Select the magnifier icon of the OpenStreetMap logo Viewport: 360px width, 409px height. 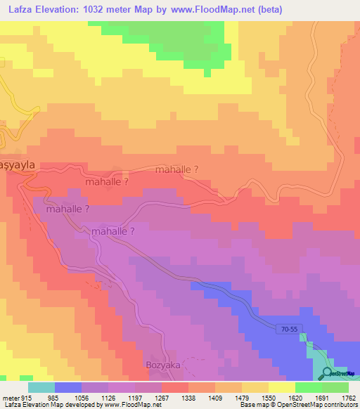[x=328, y=373]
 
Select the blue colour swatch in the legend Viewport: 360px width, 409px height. [x=68, y=387]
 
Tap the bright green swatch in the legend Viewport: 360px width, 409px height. [x=308, y=387]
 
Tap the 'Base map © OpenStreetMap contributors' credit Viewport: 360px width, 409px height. [x=298, y=405]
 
